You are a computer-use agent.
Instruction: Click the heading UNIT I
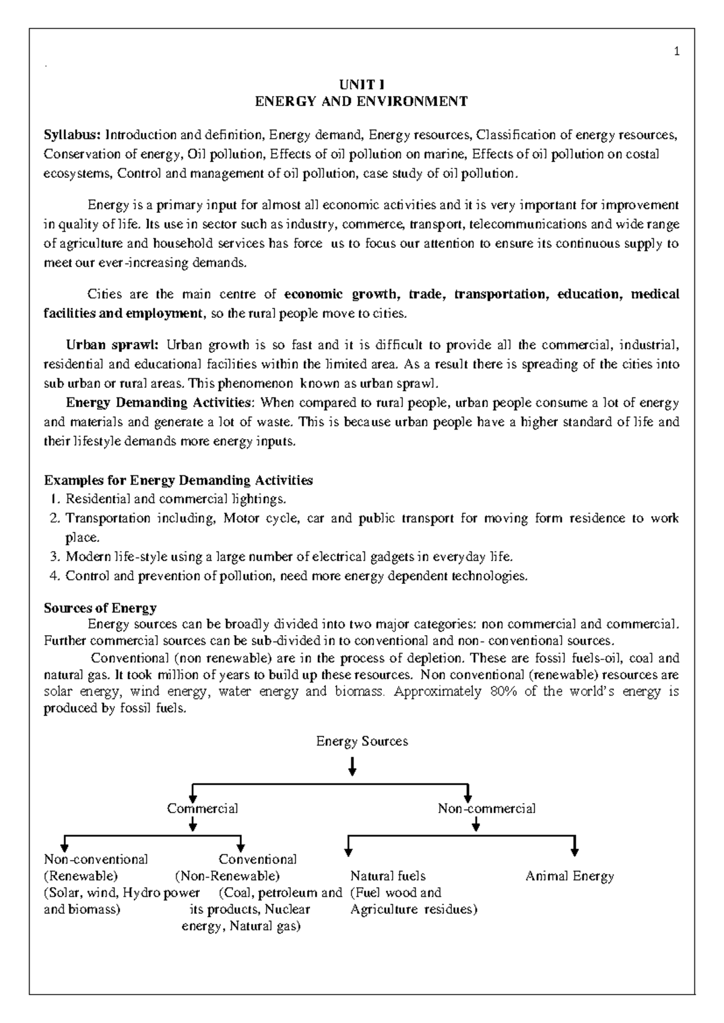pyautogui.click(x=361, y=84)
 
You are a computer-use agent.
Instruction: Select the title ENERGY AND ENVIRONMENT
pyautogui.click(x=361, y=101)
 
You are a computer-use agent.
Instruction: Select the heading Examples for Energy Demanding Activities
pyautogui.click(x=179, y=481)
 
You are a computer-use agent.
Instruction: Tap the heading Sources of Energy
pyautogui.click(x=100, y=608)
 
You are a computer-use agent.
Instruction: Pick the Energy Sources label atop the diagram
pyautogui.click(x=362, y=741)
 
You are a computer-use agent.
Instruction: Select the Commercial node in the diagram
pyautogui.click(x=202, y=808)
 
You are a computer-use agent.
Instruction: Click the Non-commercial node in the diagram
pyautogui.click(x=486, y=808)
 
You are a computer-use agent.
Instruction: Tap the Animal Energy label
pyautogui.click(x=569, y=876)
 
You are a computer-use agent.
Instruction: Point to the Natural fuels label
pyautogui.click(x=387, y=876)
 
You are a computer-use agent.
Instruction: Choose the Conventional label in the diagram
pyautogui.click(x=258, y=859)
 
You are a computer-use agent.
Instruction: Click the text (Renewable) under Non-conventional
pyautogui.click(x=81, y=875)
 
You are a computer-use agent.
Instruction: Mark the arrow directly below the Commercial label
pyautogui.click(x=192, y=824)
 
